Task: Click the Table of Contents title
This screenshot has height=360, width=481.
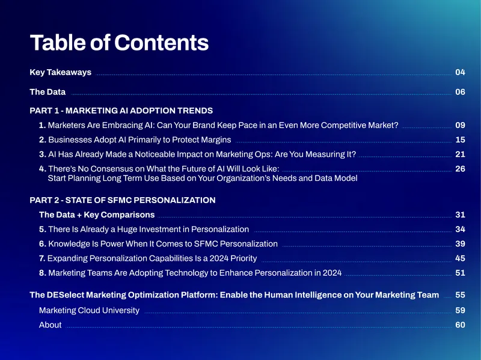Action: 119,42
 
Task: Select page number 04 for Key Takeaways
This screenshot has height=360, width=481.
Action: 460,72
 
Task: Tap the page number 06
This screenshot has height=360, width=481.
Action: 460,92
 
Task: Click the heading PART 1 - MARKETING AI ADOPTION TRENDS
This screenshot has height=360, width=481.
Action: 121,111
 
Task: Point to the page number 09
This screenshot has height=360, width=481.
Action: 460,125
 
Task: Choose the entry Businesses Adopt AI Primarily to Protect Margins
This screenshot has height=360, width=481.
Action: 139,140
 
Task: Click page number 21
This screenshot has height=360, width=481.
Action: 460,154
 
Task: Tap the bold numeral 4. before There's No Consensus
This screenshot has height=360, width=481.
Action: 43,169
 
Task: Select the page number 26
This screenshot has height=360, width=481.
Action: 460,169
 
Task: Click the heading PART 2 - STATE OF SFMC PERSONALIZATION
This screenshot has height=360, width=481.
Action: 123,200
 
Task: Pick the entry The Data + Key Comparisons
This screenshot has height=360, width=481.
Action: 97,215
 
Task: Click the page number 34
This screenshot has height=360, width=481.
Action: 460,229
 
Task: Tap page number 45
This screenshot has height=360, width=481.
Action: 460,258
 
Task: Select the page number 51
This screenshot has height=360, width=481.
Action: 460,273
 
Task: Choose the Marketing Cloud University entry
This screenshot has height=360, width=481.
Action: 89,310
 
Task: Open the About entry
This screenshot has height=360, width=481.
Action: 51,325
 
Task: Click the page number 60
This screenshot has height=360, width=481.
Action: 460,325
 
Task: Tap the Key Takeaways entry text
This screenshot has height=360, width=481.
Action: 61,72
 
